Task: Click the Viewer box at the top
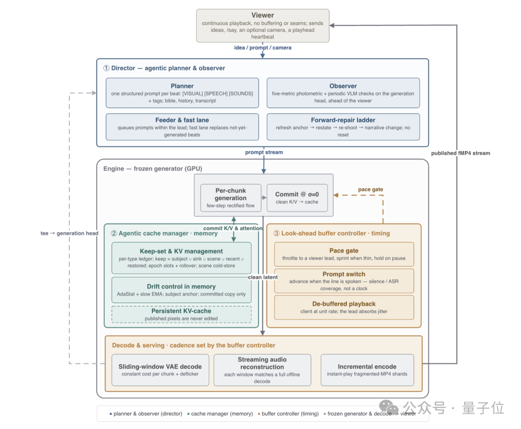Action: pos(262,26)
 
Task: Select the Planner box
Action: pos(182,93)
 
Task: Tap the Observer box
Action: pos(343,93)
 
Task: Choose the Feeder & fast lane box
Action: pos(182,127)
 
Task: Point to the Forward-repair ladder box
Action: pos(343,127)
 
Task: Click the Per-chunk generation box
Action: pos(231,198)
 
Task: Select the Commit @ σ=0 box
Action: pos(297,198)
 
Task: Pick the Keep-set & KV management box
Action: pos(181,258)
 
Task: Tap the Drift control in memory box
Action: pos(181,290)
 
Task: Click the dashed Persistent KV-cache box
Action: pos(181,314)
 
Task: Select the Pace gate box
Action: pos(344,254)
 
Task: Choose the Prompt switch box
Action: pos(344,281)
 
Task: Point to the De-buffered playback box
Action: pos(344,307)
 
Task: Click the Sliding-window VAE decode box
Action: pos(160,370)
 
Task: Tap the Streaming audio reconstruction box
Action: pos(262,370)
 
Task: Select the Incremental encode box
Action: pos(367,370)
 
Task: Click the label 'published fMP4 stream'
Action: pos(461,153)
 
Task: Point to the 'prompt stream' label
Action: pos(264,152)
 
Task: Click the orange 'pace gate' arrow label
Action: pos(370,190)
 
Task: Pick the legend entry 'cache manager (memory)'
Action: pos(220,414)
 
